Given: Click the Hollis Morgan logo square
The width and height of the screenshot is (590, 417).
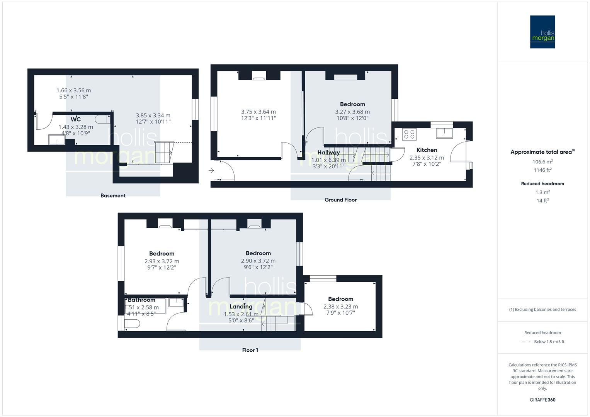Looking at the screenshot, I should tap(542, 32).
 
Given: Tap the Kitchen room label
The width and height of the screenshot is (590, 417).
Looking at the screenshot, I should tap(427, 150).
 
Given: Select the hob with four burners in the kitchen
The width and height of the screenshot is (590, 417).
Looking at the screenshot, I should tap(409, 134).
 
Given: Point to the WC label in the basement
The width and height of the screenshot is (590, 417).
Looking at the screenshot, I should tap(76, 119).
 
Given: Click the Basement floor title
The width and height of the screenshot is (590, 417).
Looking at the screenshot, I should tap(113, 195).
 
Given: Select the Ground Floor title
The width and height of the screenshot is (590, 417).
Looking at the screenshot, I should tap(340, 200).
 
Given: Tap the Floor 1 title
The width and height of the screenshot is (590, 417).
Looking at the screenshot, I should tap(250, 350).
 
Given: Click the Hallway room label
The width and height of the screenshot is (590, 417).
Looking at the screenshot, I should tap(328, 153).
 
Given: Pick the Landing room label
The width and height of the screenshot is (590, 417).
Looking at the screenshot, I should tap(241, 307).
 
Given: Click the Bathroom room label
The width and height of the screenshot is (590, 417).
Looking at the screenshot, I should tap(141, 300).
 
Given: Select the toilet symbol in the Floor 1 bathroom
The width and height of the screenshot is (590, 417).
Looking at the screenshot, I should tap(131, 324).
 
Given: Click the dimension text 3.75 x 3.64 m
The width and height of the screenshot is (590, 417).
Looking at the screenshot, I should tap(258, 112).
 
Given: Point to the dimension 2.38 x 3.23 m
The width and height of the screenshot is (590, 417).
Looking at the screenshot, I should tap(340, 307).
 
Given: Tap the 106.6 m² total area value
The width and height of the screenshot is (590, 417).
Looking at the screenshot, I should tap(542, 162).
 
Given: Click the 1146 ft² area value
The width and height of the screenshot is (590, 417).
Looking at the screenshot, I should tap(542, 170).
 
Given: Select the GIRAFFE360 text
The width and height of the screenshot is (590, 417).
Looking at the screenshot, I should tap(542, 400).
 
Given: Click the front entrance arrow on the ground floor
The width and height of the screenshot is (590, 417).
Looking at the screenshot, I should tap(211, 170).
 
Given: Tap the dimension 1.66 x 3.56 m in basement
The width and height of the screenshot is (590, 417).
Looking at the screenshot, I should tap(74, 90).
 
